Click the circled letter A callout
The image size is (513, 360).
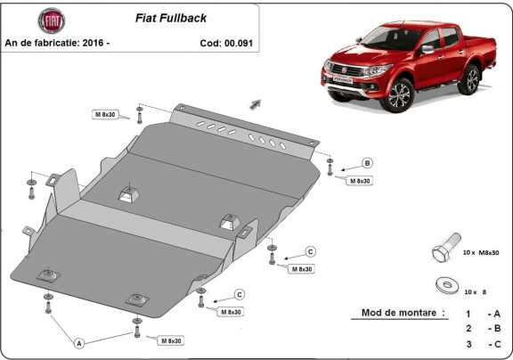[x=79, y=343]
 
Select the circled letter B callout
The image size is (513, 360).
[x=367, y=163]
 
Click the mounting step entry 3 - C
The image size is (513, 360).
[x=480, y=345]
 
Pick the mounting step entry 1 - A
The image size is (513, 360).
[x=480, y=315]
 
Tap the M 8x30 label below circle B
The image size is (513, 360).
[x=358, y=181]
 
